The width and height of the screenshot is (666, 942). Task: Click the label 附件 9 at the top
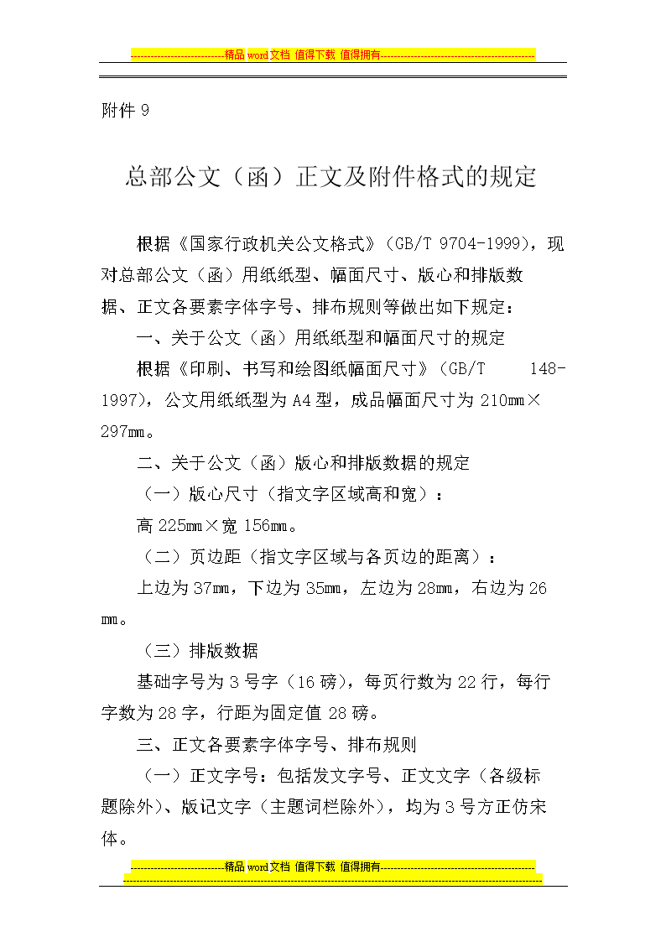125,111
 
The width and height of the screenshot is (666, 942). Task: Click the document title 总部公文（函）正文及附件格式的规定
330,177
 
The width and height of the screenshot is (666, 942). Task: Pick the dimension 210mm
501,400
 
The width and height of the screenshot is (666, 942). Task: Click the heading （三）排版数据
200,651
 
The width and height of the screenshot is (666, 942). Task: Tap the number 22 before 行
466,682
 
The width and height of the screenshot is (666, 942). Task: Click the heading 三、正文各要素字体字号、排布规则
277,744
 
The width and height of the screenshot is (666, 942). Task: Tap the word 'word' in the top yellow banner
257,55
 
